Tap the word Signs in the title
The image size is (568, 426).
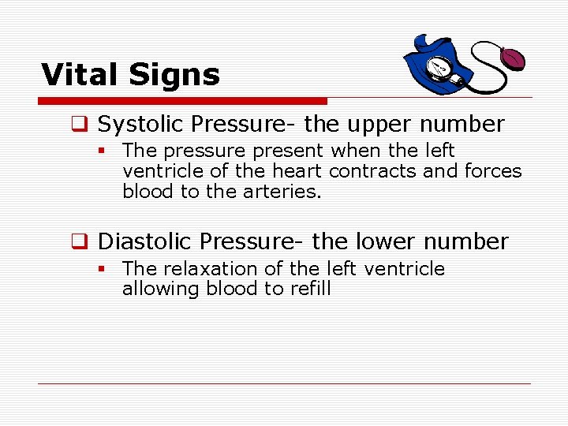pos(177,76)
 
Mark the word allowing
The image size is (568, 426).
pos(162,290)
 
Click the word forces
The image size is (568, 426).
pos(494,171)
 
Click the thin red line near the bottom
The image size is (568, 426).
pos(284,384)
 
